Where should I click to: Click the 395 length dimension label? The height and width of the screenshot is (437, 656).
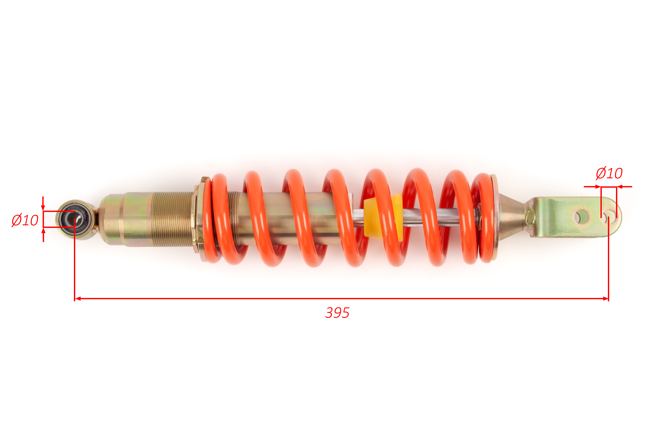337,313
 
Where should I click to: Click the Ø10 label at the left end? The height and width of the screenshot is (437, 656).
25,220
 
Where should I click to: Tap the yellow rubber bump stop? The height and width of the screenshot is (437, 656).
383,217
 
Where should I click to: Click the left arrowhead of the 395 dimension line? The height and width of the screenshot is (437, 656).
78,298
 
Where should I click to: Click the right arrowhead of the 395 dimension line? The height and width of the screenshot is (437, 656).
605,298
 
